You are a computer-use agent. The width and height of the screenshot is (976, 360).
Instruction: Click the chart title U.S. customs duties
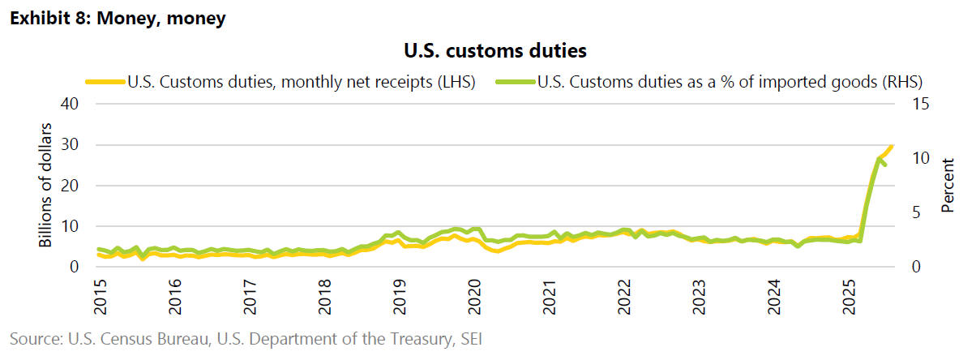click(494, 51)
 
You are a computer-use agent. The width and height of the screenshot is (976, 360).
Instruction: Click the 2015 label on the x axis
click(101, 298)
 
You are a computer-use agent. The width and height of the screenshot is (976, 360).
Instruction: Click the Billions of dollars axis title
click(46, 185)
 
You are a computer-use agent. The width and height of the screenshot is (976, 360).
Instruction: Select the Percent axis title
click(948, 185)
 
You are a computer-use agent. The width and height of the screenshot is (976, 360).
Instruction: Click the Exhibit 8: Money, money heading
click(117, 18)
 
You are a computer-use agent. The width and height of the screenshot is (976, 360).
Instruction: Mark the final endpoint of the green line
click(884, 165)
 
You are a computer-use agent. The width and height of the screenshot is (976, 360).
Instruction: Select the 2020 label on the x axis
click(475, 298)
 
